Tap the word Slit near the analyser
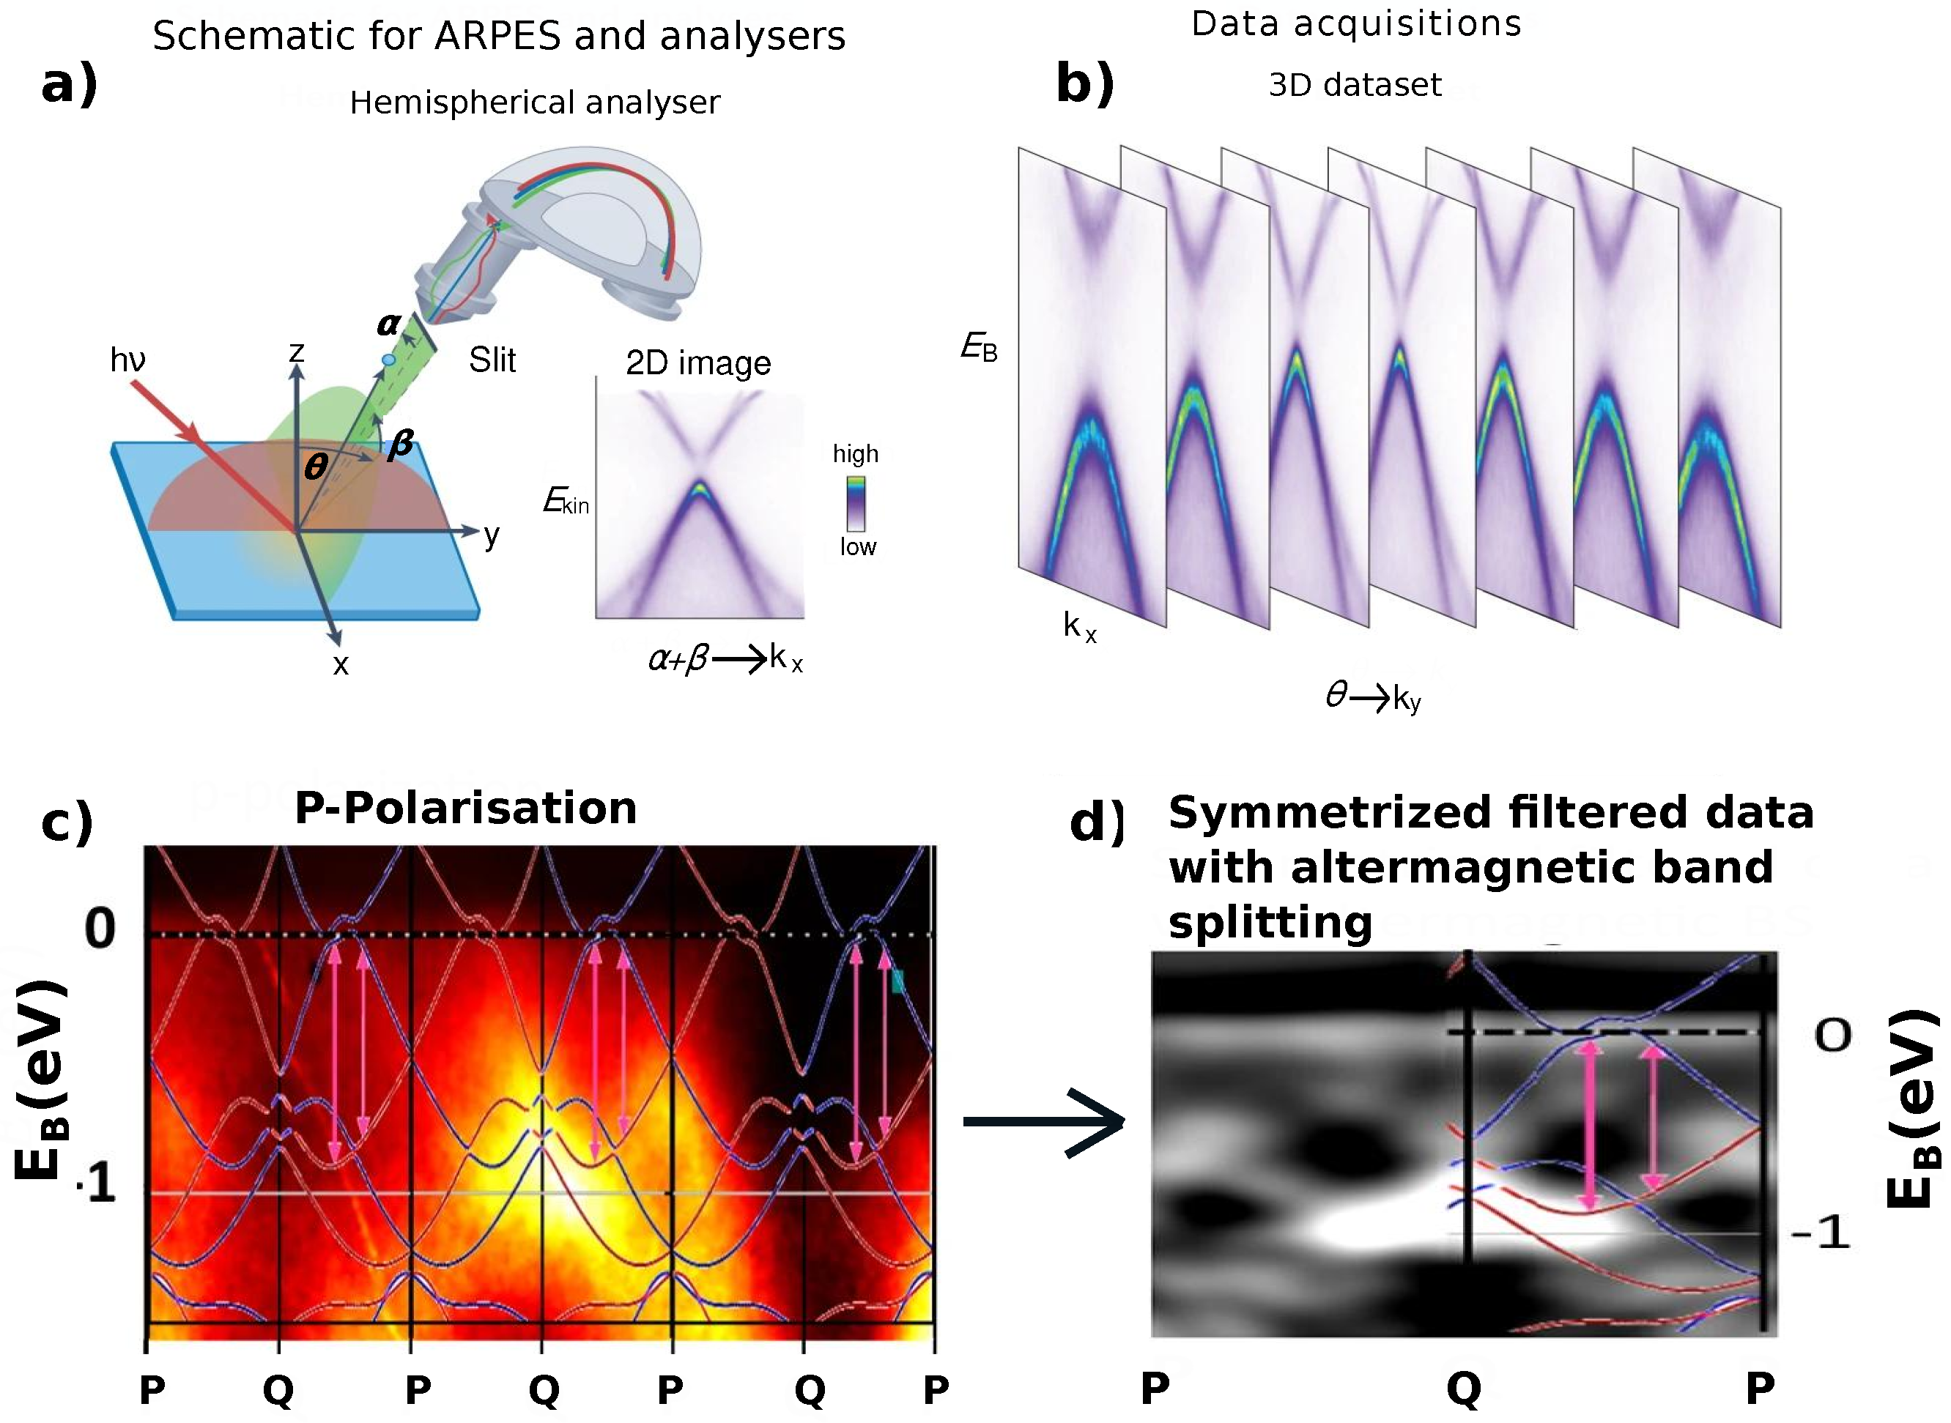point(492,360)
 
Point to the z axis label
point(297,352)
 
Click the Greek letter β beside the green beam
point(400,445)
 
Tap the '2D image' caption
point(698,363)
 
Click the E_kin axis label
point(566,500)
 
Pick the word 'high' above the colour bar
point(855,454)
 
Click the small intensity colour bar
point(856,503)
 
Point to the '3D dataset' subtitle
point(1355,85)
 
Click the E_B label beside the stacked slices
point(979,347)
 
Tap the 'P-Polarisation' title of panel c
point(465,808)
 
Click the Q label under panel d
point(1463,1388)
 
